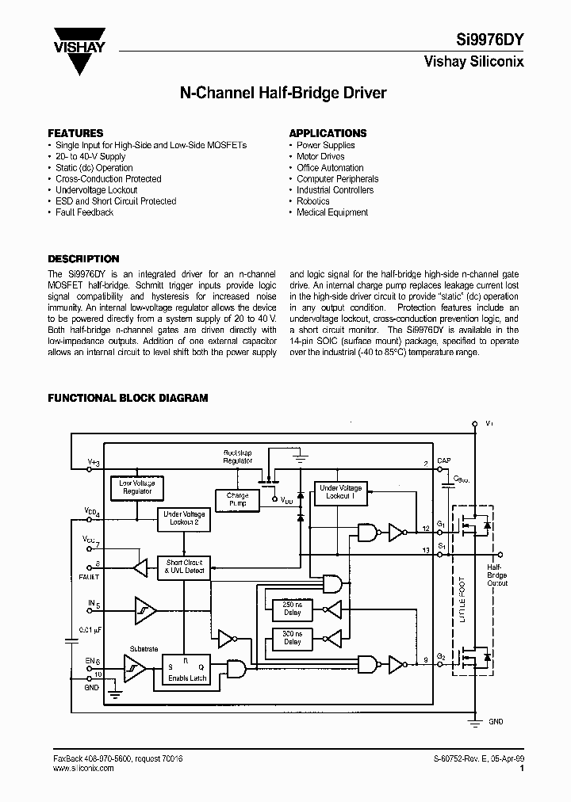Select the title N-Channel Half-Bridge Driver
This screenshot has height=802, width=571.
point(284,94)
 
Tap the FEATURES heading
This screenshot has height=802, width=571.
point(76,133)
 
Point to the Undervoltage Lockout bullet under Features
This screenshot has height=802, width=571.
point(97,190)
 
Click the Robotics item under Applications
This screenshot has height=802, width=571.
point(313,201)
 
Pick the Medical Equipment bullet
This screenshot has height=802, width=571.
point(332,212)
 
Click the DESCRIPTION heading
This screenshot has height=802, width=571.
point(84,259)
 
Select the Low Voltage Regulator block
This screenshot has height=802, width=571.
point(137,487)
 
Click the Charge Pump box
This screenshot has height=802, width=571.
point(237,500)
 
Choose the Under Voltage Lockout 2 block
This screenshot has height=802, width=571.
point(185,519)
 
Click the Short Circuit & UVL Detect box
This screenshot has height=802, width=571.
point(185,567)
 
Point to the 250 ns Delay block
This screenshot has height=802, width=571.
point(293,609)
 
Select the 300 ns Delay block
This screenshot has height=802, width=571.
point(293,638)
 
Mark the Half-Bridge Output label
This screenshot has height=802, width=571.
point(497,575)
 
